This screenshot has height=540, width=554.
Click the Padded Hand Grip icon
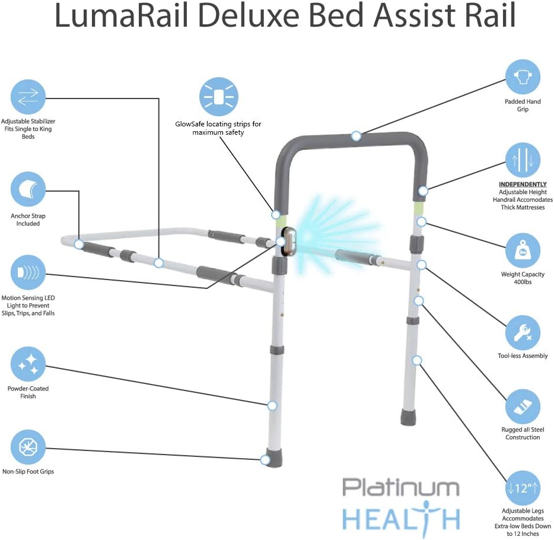[x=523, y=77]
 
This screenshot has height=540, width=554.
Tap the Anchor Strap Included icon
[x=28, y=189]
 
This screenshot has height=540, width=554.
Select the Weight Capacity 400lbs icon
[x=523, y=250]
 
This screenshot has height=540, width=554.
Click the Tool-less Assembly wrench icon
[x=523, y=332]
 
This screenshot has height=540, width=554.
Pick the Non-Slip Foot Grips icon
[x=28, y=447]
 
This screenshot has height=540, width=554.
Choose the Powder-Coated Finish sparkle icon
[x=28, y=364]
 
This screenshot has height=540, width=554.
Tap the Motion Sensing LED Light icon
[x=28, y=272]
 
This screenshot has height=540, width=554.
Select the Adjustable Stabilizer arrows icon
[x=28, y=97]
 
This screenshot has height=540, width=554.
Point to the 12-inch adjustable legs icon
[x=523, y=488]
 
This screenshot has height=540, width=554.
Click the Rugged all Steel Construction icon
[x=523, y=407]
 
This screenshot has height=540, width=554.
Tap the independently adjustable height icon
[x=523, y=160]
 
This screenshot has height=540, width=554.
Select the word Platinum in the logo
[x=400, y=488]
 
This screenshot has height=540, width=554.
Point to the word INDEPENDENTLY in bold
[x=523, y=185]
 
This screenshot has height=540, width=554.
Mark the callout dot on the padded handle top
[x=356, y=136]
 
